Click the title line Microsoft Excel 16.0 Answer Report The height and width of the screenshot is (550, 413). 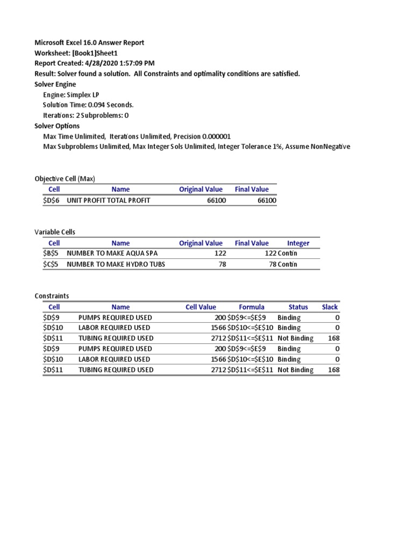tap(89, 42)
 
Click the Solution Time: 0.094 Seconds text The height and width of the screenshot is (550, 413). tap(88, 105)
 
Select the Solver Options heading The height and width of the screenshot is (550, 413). tap(57, 126)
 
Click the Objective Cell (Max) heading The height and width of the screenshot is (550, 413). tap(65, 179)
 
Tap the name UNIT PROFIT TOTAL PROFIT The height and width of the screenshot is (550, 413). tap(108, 200)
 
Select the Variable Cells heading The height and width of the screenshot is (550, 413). tap(55, 232)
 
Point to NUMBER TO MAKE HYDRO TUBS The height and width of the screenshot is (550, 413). tap(116, 264)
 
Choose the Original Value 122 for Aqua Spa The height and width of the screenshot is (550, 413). tap(220, 254)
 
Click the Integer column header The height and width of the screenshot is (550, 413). tap(298, 243)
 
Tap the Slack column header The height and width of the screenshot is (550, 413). tap(330, 307)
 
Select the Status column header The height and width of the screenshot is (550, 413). tap(298, 307)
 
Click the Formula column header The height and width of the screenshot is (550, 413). tap(252, 307)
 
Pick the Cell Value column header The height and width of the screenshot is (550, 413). tap(201, 307)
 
